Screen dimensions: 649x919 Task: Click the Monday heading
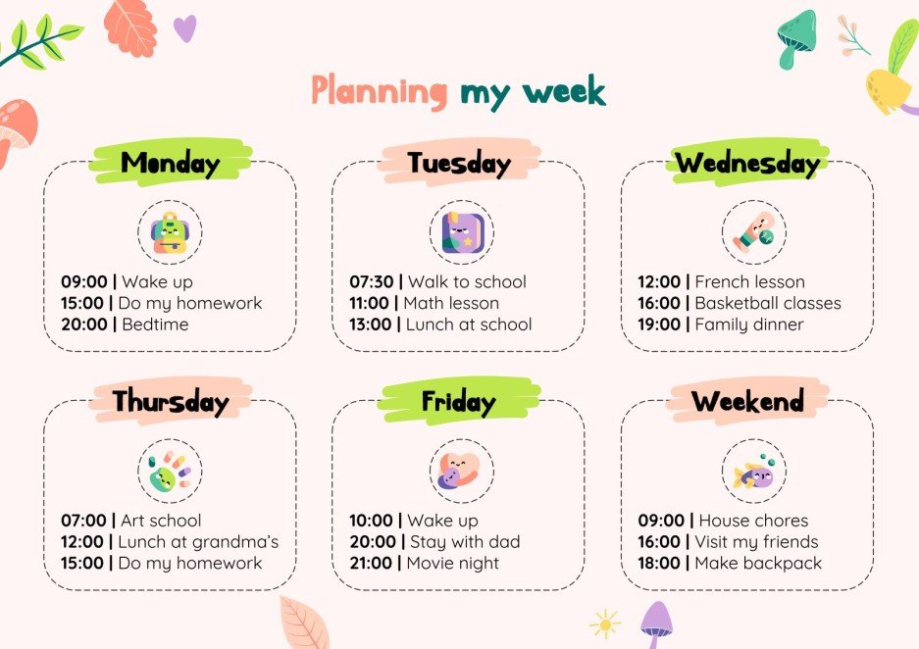click(x=170, y=163)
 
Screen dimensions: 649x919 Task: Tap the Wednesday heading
click(x=746, y=163)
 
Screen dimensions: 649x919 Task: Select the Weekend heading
click(x=746, y=401)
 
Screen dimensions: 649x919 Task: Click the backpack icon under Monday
click(x=170, y=233)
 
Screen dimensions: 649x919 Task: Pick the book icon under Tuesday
click(x=458, y=233)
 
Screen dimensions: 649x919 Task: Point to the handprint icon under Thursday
click(x=170, y=472)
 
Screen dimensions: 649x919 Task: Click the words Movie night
click(x=453, y=563)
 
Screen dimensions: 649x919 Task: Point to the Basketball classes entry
click(x=768, y=303)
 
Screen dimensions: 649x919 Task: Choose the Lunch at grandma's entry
click(x=198, y=541)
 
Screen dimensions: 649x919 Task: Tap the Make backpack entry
click(x=758, y=563)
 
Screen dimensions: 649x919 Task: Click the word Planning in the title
click(x=379, y=91)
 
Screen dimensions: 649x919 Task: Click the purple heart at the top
click(x=184, y=27)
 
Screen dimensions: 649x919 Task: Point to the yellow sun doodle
click(x=605, y=624)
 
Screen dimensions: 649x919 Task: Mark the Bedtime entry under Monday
click(x=155, y=324)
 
